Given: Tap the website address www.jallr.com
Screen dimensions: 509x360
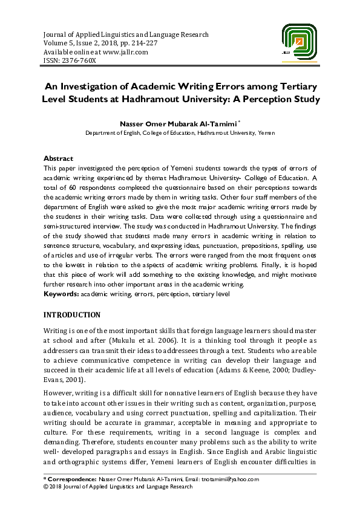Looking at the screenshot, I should (x=125, y=52).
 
